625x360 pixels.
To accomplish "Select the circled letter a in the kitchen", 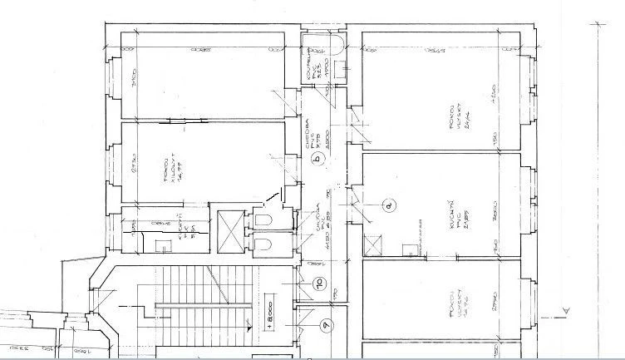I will (387, 204).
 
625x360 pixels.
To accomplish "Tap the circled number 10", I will (317, 283).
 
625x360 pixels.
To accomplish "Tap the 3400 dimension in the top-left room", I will (134, 82).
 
